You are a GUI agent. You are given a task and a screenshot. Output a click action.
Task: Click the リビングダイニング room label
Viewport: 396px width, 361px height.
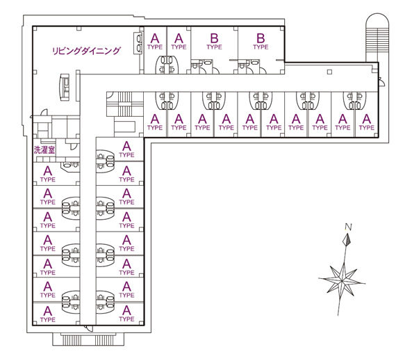(x=86, y=51)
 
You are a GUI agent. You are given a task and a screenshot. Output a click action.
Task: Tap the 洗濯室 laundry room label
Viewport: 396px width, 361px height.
(x=44, y=150)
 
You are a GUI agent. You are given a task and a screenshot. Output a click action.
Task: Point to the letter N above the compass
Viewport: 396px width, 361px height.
(x=348, y=227)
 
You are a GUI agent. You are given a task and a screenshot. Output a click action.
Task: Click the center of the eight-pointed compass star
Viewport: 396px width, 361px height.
(x=343, y=280)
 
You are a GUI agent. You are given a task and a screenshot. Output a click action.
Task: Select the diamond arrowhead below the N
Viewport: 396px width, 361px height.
(x=347, y=240)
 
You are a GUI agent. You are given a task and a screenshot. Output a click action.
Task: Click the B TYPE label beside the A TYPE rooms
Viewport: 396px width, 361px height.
(x=214, y=42)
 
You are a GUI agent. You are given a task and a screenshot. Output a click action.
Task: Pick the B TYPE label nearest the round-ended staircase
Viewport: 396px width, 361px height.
(x=261, y=42)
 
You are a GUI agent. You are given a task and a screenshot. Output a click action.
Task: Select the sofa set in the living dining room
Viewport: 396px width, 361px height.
(x=65, y=87)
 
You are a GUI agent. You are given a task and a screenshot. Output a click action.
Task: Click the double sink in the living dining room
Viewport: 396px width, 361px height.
(x=138, y=43)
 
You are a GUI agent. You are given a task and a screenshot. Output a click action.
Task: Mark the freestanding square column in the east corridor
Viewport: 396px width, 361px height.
(x=329, y=72)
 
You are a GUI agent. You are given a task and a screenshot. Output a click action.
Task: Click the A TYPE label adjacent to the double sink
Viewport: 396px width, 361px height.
(x=155, y=42)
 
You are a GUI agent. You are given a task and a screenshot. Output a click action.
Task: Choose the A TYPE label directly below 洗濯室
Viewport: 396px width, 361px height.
(x=48, y=174)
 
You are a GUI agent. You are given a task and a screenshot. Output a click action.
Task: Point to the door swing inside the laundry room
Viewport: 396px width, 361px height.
(x=73, y=147)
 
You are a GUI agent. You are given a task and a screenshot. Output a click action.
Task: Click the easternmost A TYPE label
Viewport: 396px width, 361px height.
(x=366, y=122)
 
